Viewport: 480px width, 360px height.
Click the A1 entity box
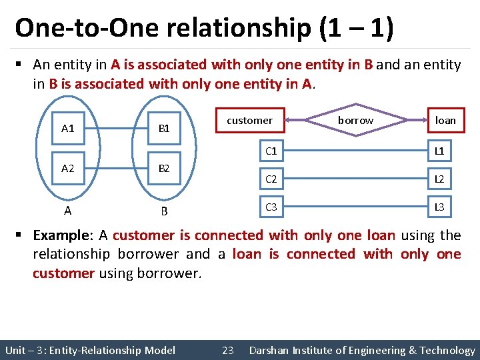[x=68, y=129]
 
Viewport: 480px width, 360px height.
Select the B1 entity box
[x=164, y=129]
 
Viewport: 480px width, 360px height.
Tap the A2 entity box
[x=68, y=169]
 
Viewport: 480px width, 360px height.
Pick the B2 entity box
[x=164, y=169]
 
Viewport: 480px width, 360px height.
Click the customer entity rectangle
[x=250, y=121]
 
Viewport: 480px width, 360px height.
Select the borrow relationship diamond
[x=355, y=121]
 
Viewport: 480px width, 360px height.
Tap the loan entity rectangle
[x=445, y=121]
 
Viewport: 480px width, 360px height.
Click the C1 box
[x=271, y=151]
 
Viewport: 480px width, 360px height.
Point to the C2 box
[x=271, y=179]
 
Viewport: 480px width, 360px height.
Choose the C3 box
[x=271, y=207]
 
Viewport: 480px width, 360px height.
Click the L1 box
[x=439, y=151]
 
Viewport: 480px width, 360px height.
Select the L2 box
[x=439, y=179]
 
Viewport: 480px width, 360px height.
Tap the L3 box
[x=439, y=207]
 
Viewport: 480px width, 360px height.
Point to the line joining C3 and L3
[x=355, y=207]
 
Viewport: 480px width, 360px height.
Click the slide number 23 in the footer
[x=227, y=350]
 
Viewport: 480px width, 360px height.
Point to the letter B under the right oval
[x=164, y=212]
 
